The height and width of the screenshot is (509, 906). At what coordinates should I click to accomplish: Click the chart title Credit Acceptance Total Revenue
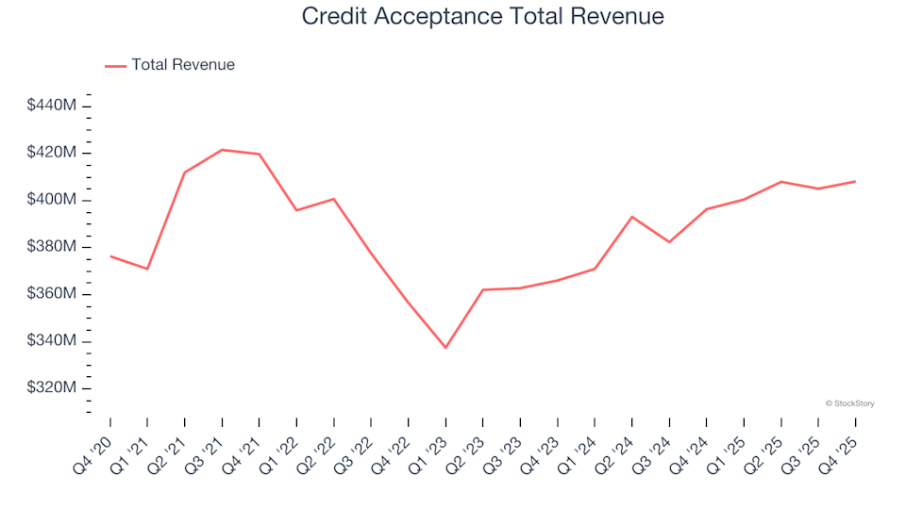(482, 16)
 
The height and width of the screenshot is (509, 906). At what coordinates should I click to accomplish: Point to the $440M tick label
(52, 106)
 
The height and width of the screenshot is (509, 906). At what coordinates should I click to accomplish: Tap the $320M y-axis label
(52, 388)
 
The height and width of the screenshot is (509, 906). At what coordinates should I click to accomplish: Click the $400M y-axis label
(52, 200)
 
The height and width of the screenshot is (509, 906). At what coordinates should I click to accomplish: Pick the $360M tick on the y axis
(52, 294)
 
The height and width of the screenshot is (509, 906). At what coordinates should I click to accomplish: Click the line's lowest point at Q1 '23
(445, 348)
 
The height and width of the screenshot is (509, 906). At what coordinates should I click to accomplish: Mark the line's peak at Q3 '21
(222, 150)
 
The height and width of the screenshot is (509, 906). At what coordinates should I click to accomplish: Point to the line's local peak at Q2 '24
(632, 217)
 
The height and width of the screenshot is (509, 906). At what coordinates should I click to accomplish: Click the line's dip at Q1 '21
(147, 269)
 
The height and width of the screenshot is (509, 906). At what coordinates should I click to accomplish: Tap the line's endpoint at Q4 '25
(855, 181)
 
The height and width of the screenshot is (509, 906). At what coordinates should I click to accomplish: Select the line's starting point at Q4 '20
(110, 256)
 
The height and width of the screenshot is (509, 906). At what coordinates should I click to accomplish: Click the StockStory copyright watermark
(849, 403)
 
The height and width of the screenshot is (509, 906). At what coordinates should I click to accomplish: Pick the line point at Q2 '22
(334, 199)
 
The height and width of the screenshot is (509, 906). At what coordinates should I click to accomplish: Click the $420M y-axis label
(52, 153)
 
